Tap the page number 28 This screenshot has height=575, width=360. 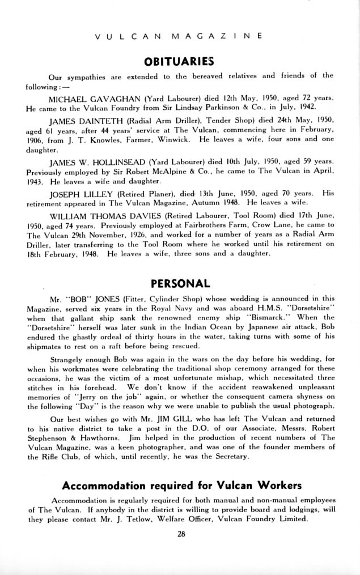click(181, 539)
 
